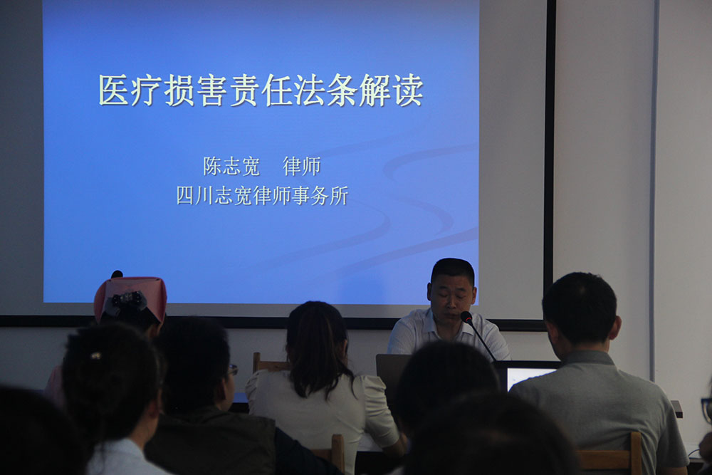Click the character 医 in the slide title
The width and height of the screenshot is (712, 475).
114,90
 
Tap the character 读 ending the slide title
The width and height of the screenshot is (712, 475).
408,90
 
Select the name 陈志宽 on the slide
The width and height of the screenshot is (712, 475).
231,166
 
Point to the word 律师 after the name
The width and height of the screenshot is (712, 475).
301,166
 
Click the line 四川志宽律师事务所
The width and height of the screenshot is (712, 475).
262,195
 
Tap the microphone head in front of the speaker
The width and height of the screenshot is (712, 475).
466,316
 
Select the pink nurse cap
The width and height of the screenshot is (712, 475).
130,298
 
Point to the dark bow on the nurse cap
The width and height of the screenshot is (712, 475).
127,301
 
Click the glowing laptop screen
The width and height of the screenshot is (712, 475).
528,377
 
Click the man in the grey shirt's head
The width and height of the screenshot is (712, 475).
580,310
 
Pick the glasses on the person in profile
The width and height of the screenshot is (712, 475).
233,370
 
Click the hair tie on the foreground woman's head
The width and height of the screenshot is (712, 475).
95,355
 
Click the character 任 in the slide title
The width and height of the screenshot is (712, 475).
277,90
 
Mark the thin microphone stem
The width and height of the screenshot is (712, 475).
483,340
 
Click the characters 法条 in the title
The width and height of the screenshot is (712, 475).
326,90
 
